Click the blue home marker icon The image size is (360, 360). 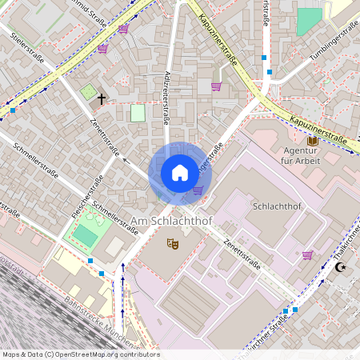click(180, 173)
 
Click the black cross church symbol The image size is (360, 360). click(102, 99)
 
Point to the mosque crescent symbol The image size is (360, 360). click(342, 266)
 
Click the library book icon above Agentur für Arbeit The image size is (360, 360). click(312, 141)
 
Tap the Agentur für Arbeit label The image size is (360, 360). click(302, 156)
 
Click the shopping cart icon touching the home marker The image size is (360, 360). click(198, 190)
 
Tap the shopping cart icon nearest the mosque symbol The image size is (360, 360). click(307, 255)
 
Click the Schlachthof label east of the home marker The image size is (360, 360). click(275, 206)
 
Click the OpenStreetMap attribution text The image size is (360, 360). click(80, 354)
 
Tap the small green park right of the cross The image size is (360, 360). click(138, 113)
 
